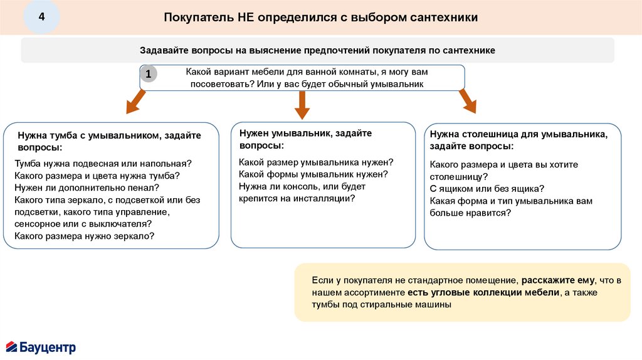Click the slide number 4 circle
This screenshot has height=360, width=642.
[42, 17]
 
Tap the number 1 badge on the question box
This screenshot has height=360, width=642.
[148, 75]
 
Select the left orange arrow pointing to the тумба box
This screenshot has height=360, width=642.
[134, 103]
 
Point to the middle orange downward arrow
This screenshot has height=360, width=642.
[303, 105]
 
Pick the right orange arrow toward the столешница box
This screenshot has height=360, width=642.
[468, 102]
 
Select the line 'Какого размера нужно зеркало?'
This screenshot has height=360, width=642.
[85, 236]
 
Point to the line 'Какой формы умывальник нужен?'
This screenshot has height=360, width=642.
[313, 174]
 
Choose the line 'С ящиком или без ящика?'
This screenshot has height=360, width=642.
[487, 188]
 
